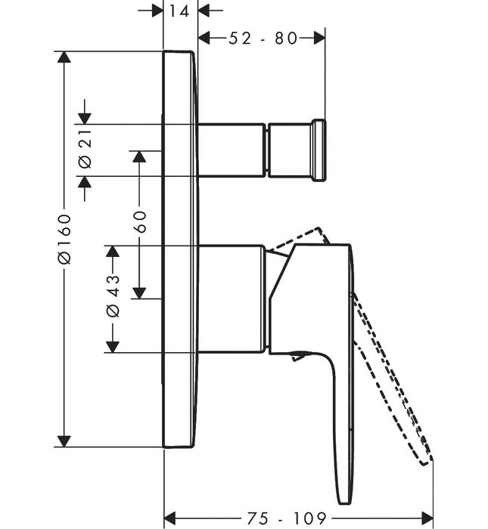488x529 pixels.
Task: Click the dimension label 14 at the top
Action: pos(180,11)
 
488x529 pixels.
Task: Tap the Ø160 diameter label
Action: pos(64,238)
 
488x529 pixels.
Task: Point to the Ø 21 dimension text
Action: pos(84,150)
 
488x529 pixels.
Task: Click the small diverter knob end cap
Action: pos(319,150)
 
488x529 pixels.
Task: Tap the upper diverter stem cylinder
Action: pos(232,150)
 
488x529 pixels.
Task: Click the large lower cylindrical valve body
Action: pos(231,298)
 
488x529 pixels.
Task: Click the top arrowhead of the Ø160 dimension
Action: pos(64,58)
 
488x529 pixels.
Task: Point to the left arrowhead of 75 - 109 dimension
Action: pos(171,518)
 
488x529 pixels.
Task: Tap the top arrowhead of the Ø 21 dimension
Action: pos(84,117)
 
